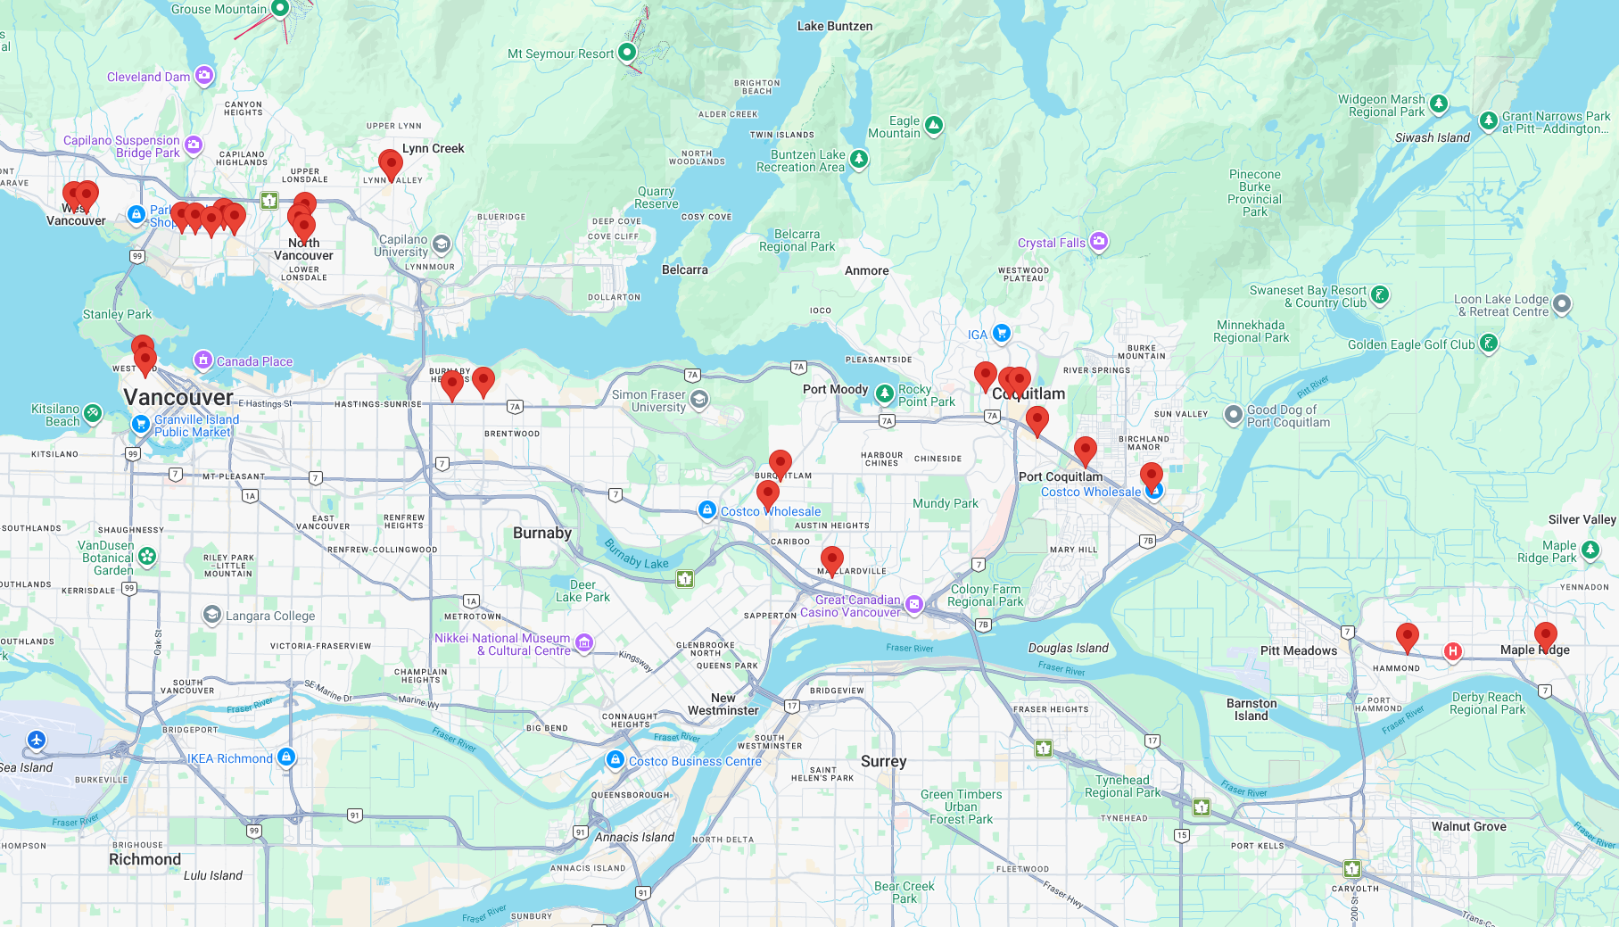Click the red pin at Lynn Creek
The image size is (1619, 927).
coord(390,164)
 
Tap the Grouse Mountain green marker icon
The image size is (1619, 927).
coord(280,9)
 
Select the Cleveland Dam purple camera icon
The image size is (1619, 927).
coord(204,75)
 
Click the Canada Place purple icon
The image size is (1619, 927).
coord(203,360)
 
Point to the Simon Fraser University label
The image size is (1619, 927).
coord(648,401)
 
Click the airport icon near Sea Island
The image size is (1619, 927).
coord(36,740)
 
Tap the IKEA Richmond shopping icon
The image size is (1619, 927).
coord(286,757)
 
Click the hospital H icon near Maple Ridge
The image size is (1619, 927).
coord(1453,651)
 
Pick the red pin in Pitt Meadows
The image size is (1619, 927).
coord(1407,636)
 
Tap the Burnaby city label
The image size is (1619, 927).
coord(542,533)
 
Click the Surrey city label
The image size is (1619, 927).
coord(883,761)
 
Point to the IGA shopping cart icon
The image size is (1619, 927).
coord(1002,333)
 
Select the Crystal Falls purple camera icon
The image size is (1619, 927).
coord(1099,241)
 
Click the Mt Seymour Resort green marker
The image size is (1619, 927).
coord(627,52)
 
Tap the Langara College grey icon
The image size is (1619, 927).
coord(212,615)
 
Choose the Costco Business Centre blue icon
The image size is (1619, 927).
coord(615,759)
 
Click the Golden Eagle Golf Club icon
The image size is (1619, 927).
coord(1488,343)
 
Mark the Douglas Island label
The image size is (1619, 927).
coord(1068,649)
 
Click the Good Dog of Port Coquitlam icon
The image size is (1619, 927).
coord(1233,414)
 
